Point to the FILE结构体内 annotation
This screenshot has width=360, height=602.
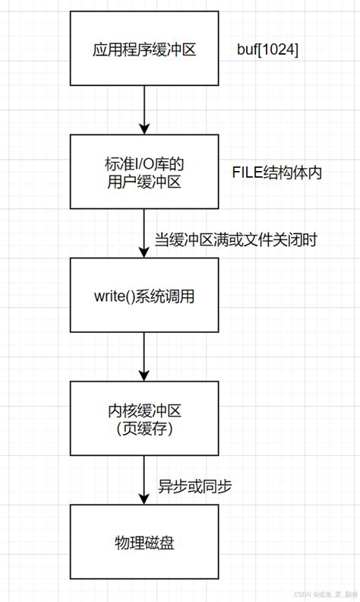[x=277, y=173]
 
